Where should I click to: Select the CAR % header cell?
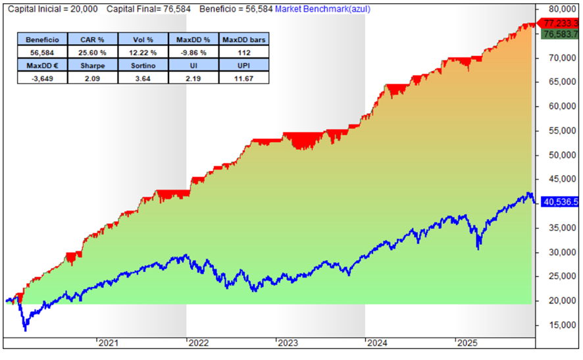tap(92, 39)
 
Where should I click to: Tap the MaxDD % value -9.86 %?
tap(193, 52)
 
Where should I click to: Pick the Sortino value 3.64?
tap(143, 77)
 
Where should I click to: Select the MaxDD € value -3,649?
tap(42, 77)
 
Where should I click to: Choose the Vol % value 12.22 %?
tap(143, 52)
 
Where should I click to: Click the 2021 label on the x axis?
tap(108, 343)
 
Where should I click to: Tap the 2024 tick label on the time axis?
tap(377, 343)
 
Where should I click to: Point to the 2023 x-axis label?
tap(288, 343)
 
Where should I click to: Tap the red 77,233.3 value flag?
tap(559, 22)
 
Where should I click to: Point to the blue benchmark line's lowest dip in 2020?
tap(25, 328)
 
